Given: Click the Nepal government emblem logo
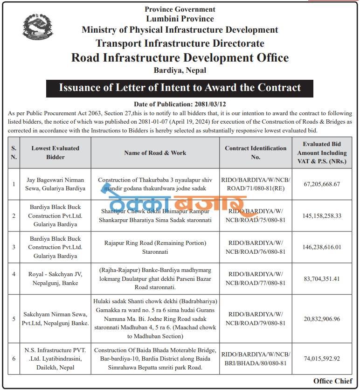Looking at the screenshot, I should click(38, 27).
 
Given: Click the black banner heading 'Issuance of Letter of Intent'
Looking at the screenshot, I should click(180, 88).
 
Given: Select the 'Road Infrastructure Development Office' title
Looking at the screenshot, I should click(180, 58).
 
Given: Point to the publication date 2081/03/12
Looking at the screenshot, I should click(180, 104).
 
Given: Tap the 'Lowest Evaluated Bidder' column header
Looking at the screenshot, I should click(55, 153).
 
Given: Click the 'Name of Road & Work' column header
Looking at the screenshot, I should click(155, 153).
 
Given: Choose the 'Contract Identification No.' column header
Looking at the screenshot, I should click(256, 153).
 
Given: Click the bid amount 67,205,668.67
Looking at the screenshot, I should click(322, 184).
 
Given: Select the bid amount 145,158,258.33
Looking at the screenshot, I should click(322, 216).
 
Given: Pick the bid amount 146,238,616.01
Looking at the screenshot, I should click(322, 247).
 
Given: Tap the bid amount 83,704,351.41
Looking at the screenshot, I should click(322, 279).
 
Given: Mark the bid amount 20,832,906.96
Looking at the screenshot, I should click(322, 319).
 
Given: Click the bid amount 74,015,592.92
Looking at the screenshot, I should click(322, 359).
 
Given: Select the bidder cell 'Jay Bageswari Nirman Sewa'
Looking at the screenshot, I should click(55, 184).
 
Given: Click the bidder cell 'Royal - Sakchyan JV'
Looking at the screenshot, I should click(55, 279).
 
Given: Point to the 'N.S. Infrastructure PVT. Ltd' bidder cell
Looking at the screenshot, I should click(55, 359).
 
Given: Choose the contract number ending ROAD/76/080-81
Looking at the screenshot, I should click(256, 247).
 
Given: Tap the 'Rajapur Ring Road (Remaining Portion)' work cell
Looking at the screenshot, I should click(155, 247).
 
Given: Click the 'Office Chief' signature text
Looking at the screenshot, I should click(332, 381).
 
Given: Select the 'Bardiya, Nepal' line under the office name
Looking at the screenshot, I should click(180, 70).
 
